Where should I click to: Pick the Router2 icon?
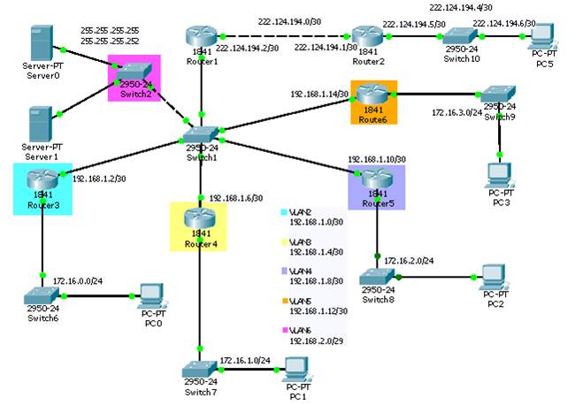tap(368, 36)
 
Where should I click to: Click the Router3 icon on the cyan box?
tap(42, 180)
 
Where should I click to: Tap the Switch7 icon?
tap(200, 371)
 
